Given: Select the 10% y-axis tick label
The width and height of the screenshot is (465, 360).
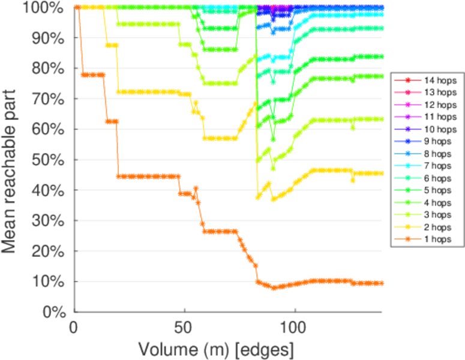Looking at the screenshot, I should [x=53, y=281].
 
